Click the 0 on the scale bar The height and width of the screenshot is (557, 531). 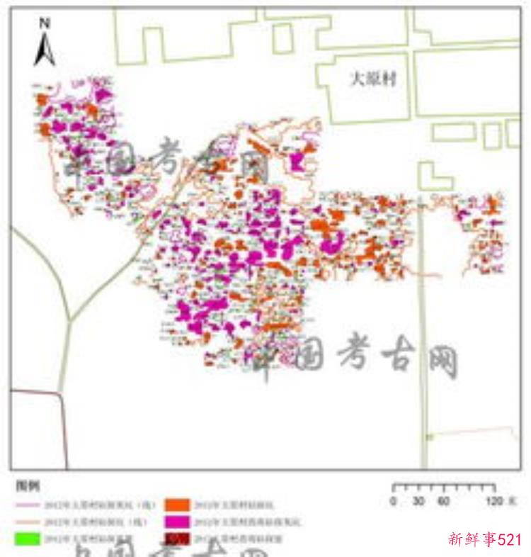[393, 502]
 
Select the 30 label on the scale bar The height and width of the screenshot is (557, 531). [418, 502]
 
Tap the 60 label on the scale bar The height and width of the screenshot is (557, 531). [444, 502]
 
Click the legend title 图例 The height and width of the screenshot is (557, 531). [29, 488]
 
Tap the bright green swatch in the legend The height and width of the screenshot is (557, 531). [26, 539]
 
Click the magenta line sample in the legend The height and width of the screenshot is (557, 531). [26, 505]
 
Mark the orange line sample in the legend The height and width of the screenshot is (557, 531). [26, 522]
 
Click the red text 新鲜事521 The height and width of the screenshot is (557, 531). [485, 539]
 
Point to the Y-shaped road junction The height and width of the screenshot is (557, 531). [69, 321]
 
